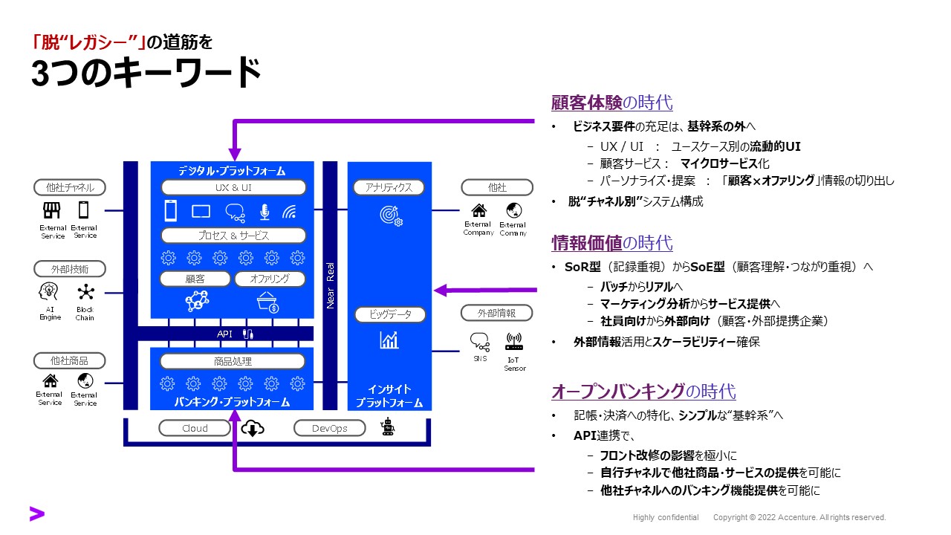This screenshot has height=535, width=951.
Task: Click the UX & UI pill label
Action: click(x=233, y=188)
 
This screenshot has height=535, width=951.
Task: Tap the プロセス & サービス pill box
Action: click(x=233, y=236)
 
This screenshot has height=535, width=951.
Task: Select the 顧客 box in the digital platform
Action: click(x=194, y=279)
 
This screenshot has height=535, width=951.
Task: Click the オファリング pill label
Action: click(x=269, y=279)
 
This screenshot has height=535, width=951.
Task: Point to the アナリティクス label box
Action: click(x=389, y=188)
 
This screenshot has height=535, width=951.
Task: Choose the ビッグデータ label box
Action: click(x=389, y=314)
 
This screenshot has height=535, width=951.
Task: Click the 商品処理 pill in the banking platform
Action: click(x=233, y=362)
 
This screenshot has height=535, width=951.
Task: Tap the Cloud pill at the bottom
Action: click(x=195, y=428)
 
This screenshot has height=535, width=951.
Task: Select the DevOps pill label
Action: click(x=330, y=428)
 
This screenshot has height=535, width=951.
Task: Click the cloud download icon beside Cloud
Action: click(x=253, y=428)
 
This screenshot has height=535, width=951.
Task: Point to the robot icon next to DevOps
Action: click(x=387, y=427)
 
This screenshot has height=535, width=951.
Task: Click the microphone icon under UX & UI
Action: click(x=264, y=212)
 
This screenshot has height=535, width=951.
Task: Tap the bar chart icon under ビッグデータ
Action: click(x=389, y=340)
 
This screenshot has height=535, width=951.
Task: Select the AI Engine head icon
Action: click(x=49, y=291)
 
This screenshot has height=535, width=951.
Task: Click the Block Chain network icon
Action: click(x=85, y=291)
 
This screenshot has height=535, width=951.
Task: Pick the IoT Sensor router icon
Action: click(x=514, y=342)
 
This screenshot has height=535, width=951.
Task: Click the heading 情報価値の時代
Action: click(x=611, y=243)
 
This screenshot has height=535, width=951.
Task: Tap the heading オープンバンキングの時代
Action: click(x=643, y=392)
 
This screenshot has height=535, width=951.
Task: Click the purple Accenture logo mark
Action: click(x=36, y=513)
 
